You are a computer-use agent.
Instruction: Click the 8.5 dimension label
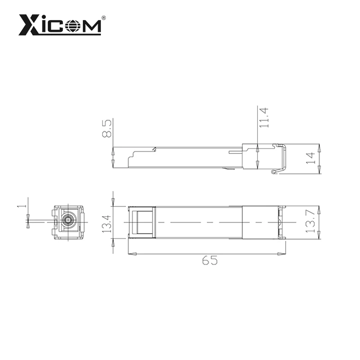(107, 129)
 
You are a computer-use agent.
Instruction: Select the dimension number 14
(310, 157)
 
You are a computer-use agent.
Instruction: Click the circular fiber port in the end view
(68, 220)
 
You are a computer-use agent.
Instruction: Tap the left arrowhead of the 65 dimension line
(132, 255)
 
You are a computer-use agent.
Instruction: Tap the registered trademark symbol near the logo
(104, 18)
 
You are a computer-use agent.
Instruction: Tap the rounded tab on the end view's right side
(82, 222)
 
